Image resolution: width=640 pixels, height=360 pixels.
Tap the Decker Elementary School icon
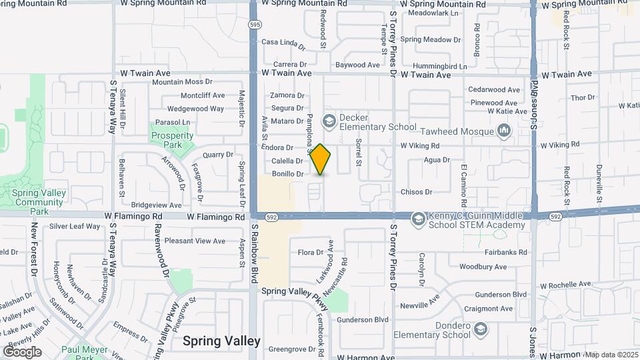pyautogui.click(x=328, y=121)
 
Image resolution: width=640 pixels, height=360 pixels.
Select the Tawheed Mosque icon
pyautogui.click(x=503, y=131)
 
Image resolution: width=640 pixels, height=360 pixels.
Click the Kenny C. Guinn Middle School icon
pyautogui.click(x=418, y=219)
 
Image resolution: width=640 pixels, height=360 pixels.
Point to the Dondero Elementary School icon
pyautogui.click(x=479, y=329)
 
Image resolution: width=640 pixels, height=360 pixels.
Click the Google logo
pyautogui.click(x=22, y=351)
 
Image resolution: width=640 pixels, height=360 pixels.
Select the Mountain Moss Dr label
pyautogui.click(x=181, y=82)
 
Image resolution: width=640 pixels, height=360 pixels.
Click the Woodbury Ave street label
pyautogui.click(x=483, y=266)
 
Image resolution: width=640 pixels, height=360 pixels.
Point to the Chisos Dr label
pyautogui.click(x=416, y=192)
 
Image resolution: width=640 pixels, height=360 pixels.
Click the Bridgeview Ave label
pyautogui.click(x=156, y=205)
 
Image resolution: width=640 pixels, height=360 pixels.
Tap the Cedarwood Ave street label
pyautogui.click(x=494, y=89)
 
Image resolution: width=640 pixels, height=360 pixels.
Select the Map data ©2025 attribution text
pyautogui.click(x=611, y=354)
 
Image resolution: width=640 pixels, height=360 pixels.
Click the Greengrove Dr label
pyautogui.click(x=291, y=349)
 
